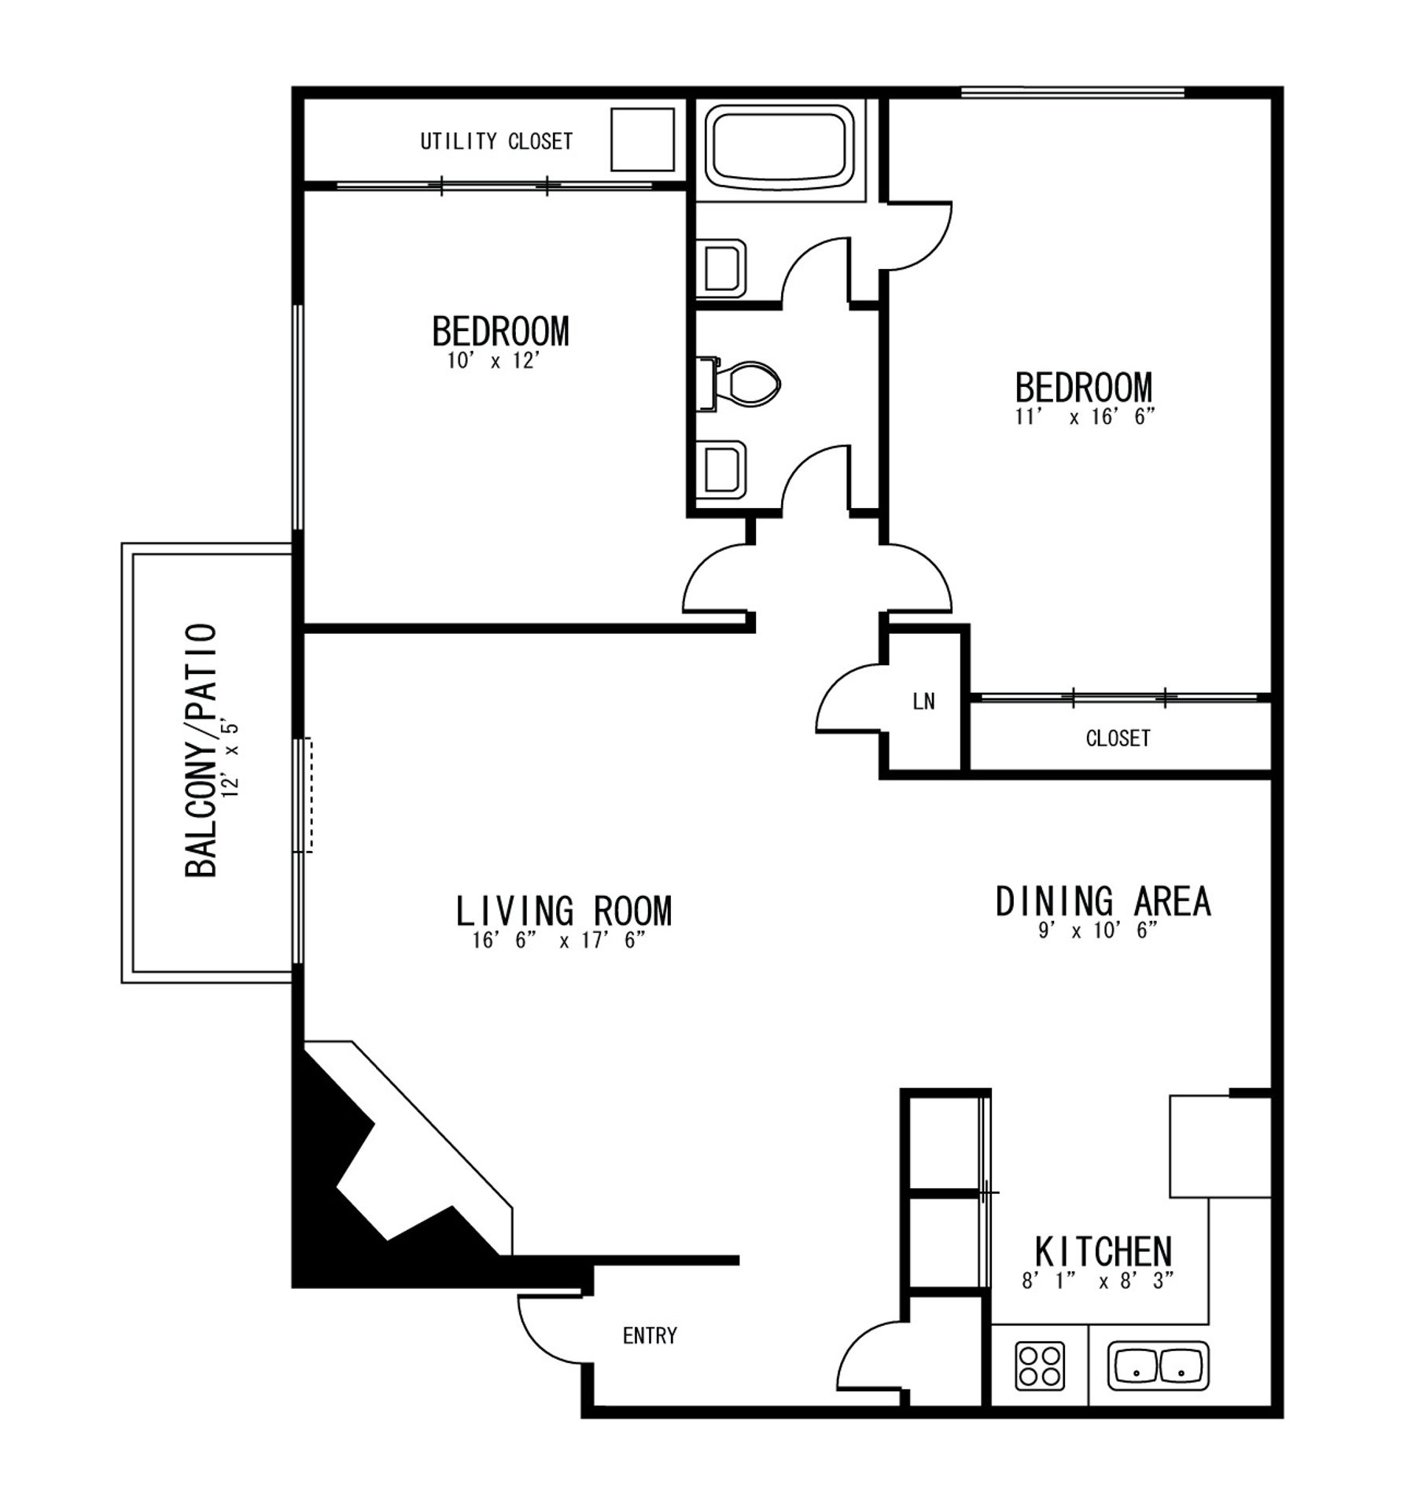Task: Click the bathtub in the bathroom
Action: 779,143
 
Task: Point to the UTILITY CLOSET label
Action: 496,142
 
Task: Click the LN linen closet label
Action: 923,702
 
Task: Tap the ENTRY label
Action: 649,1335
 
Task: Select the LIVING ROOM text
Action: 563,911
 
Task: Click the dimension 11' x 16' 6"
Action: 1085,417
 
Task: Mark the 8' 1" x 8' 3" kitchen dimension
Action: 1097,1280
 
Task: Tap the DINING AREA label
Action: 1103,901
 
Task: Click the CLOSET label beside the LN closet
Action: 1117,738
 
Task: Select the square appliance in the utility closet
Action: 642,139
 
